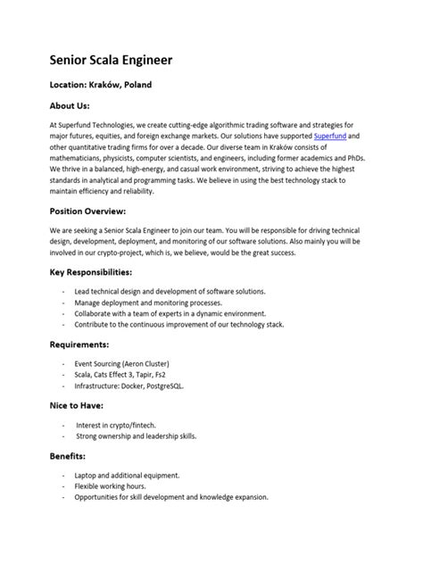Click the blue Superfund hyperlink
329,136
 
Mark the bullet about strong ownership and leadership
136,436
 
